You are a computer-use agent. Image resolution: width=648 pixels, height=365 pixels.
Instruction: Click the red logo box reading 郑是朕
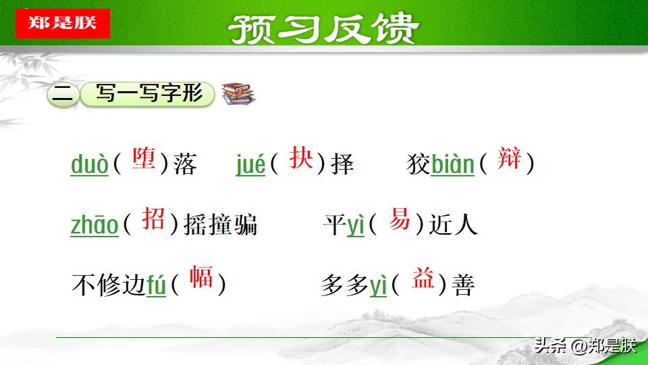point(62,24)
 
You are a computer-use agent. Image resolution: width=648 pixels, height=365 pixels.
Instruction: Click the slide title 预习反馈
point(323,28)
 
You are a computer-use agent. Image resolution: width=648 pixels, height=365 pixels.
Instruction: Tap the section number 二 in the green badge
point(62,95)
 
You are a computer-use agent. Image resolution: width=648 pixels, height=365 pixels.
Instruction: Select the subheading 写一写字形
point(148,94)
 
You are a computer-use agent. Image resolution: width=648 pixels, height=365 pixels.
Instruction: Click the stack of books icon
point(239,93)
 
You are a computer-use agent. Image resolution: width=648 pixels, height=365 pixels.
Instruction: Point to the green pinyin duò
point(89,164)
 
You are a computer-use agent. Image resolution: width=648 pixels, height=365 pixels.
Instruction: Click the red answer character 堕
point(144,159)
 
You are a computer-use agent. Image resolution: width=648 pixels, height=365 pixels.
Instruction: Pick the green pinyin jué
point(250,164)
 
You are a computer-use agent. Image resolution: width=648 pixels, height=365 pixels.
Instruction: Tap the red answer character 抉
point(300,158)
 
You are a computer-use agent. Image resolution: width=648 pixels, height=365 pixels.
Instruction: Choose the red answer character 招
point(153,219)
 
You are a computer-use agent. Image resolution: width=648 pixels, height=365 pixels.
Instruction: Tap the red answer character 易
point(400,219)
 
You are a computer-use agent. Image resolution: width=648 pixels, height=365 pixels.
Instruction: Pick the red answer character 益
point(423,279)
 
